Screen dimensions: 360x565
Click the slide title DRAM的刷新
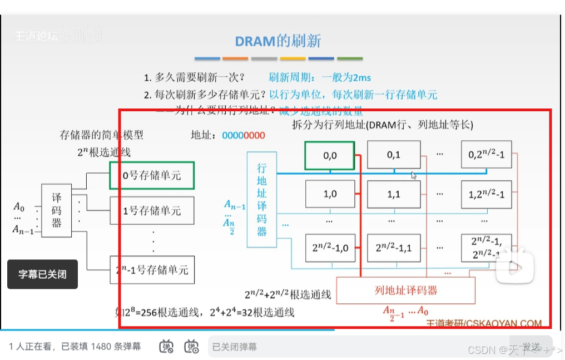(278, 41)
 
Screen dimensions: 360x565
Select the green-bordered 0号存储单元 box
(152, 175)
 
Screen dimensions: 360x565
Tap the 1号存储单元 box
(152, 211)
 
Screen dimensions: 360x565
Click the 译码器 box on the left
(57, 211)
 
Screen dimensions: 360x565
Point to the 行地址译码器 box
(262, 199)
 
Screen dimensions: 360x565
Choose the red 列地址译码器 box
(405, 290)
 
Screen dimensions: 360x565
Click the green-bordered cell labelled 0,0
(330, 155)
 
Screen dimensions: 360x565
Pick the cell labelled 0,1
(394, 155)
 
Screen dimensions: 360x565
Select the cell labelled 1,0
(330, 194)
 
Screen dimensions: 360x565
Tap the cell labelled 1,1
(394, 194)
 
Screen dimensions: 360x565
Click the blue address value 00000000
(244, 135)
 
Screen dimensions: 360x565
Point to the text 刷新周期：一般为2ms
(319, 77)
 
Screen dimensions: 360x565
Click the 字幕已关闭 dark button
(42, 274)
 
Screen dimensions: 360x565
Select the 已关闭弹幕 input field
(356, 347)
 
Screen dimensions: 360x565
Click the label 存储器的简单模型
(101, 135)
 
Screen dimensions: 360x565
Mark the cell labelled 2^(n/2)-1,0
(330, 248)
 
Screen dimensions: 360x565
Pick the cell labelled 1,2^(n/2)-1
(486, 194)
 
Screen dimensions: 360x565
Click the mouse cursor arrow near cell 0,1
(413, 175)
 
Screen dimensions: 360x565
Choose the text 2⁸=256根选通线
(161, 312)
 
